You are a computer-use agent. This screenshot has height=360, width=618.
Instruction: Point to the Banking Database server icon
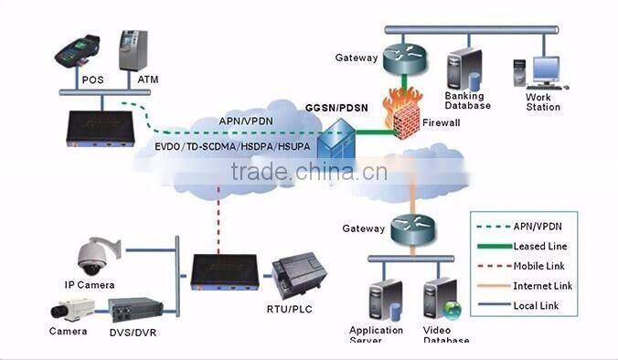461,70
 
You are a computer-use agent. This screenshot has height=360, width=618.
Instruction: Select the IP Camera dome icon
95,256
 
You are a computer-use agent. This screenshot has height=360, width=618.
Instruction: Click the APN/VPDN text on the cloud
244,121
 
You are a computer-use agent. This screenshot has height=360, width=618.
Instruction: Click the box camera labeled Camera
68,312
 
